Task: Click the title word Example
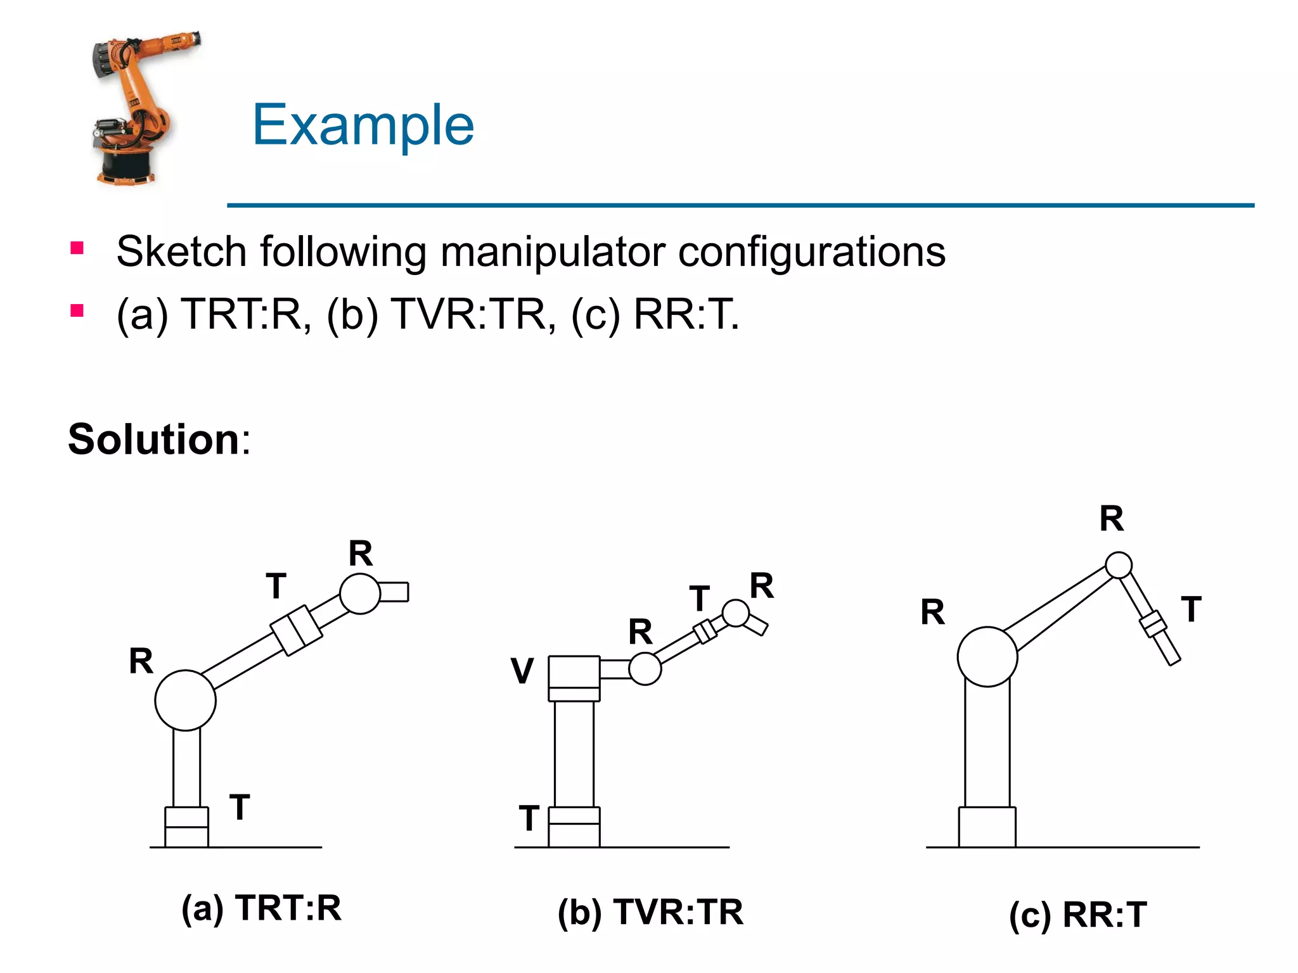[363, 125]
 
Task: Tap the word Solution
[153, 439]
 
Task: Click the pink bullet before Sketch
[77, 248]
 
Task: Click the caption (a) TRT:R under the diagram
[261, 908]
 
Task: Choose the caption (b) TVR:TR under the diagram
[650, 912]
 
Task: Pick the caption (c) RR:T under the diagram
[1077, 915]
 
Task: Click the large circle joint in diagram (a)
[185, 701]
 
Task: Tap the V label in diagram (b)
[522, 671]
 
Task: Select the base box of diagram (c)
[987, 827]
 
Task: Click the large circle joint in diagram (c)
[987, 657]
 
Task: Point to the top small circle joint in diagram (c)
[1119, 565]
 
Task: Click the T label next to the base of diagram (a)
[240, 808]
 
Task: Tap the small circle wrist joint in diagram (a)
[359, 594]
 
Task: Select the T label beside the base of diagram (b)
[529, 818]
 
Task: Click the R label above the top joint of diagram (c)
[1112, 519]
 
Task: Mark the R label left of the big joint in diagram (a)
[141, 661]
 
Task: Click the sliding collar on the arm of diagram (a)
[296, 630]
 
